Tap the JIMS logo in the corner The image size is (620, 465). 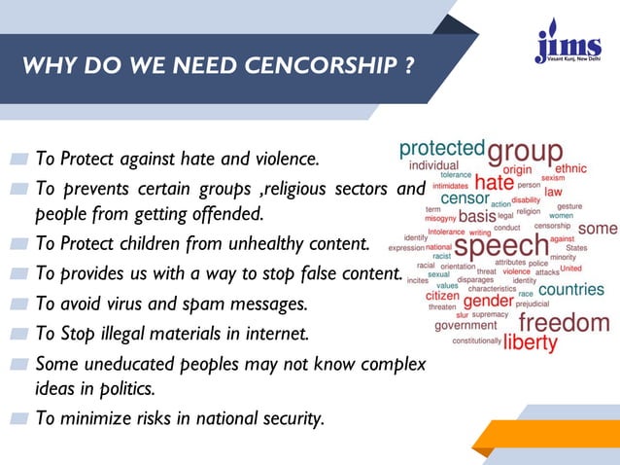click(567, 44)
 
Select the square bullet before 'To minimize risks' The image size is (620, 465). click(20, 419)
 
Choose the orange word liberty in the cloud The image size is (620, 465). click(530, 342)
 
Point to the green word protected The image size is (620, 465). click(442, 149)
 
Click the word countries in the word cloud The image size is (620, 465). click(570, 290)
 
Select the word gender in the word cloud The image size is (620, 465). click(487, 302)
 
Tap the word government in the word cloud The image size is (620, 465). click(465, 325)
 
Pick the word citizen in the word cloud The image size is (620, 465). click(442, 296)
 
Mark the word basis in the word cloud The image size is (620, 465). click(476, 216)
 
